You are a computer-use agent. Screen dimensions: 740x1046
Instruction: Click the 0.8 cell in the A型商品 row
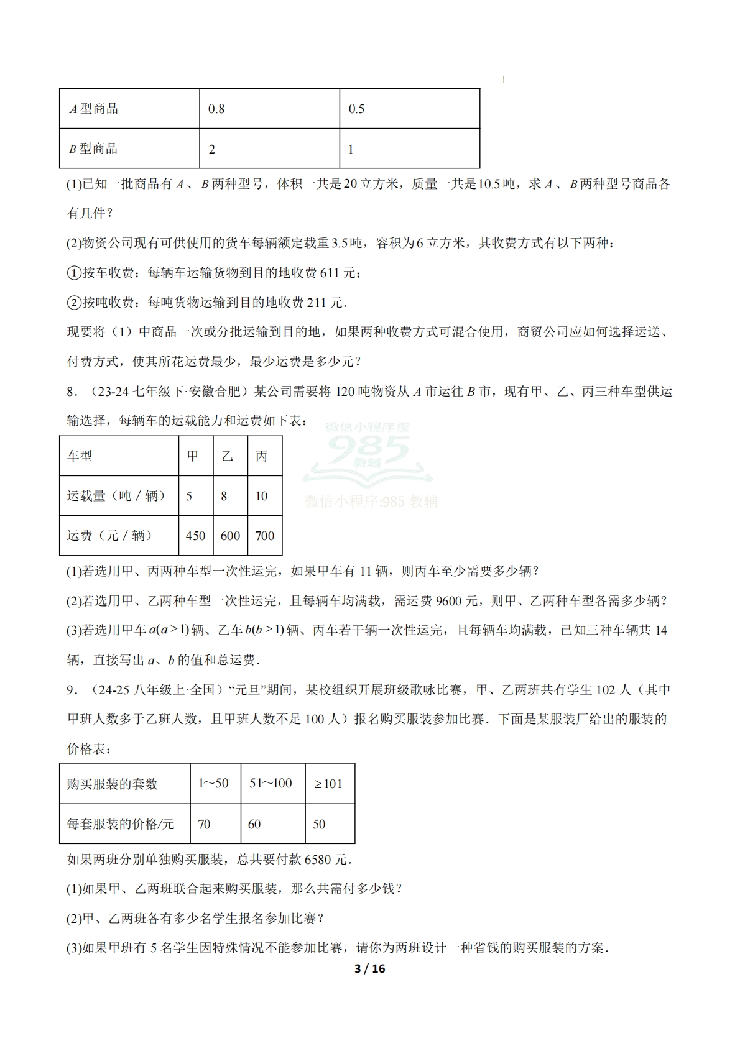pyautogui.click(x=216, y=109)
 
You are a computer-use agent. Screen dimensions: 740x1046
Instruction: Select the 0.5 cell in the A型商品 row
pyautogui.click(x=356, y=109)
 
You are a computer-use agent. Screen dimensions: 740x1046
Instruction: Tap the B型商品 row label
pyautogui.click(x=93, y=149)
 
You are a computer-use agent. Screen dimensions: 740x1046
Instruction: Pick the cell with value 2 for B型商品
pyautogui.click(x=212, y=149)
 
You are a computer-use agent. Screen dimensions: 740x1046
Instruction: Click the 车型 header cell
pyautogui.click(x=80, y=456)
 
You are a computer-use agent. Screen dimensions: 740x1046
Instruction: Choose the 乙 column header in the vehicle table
pyautogui.click(x=228, y=456)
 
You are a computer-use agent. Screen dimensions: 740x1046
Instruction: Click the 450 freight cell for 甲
pyautogui.click(x=195, y=536)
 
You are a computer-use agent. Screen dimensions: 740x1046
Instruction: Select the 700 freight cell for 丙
pyautogui.click(x=264, y=536)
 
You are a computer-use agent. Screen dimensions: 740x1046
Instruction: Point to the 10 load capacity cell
pyautogui.click(x=261, y=496)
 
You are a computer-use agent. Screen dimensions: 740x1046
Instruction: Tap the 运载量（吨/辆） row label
pyautogui.click(x=116, y=496)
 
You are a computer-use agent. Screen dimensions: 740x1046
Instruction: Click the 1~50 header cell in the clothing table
pyautogui.click(x=213, y=783)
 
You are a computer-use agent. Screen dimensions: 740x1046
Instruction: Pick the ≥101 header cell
pyautogui.click(x=328, y=784)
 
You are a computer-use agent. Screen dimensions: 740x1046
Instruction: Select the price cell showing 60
pyautogui.click(x=254, y=824)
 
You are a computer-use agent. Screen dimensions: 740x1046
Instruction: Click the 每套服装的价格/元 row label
pyautogui.click(x=121, y=824)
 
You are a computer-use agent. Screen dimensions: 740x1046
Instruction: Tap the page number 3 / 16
pyautogui.click(x=369, y=968)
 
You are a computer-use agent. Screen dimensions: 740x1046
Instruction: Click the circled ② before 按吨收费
pyautogui.click(x=73, y=303)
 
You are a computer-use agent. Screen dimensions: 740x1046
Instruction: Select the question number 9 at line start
pyautogui.click(x=70, y=690)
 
